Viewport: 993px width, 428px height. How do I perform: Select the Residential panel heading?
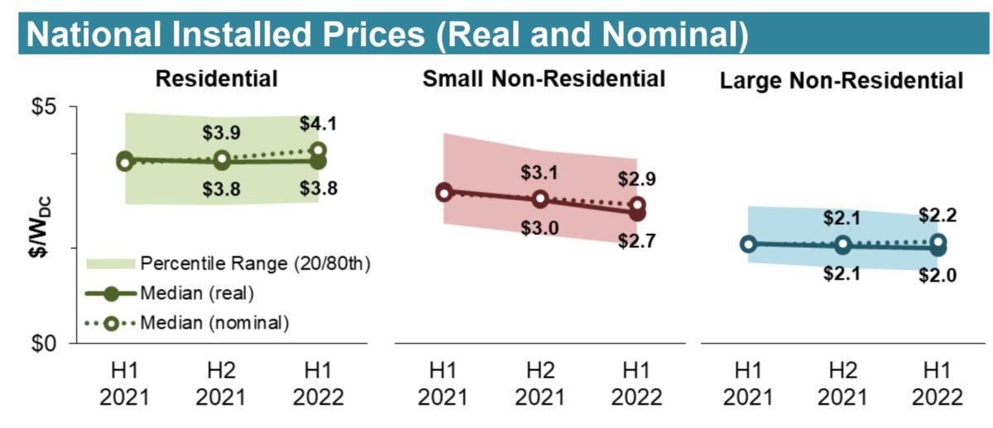tap(216, 79)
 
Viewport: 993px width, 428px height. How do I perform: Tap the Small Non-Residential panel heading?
tap(544, 79)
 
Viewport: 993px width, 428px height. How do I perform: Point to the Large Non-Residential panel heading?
tap(842, 81)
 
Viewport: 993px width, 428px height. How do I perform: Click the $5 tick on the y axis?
tap(55, 107)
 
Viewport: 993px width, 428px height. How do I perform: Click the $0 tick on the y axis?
tap(55, 343)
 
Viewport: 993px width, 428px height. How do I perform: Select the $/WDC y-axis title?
tap(33, 225)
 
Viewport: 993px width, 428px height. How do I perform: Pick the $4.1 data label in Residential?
tap(317, 125)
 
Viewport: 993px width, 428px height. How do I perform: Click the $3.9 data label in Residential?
tap(221, 132)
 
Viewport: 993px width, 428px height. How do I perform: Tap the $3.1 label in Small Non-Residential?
tap(540, 173)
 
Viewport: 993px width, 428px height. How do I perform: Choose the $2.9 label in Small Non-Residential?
tap(637, 179)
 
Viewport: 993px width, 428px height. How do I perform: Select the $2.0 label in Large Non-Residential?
tap(938, 276)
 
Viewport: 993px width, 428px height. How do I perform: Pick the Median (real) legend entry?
tap(197, 292)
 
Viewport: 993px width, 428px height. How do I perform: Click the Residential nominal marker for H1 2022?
tap(319, 150)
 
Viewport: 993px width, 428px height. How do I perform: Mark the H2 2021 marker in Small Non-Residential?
tap(540, 199)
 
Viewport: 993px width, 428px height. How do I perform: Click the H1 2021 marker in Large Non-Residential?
tap(748, 244)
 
